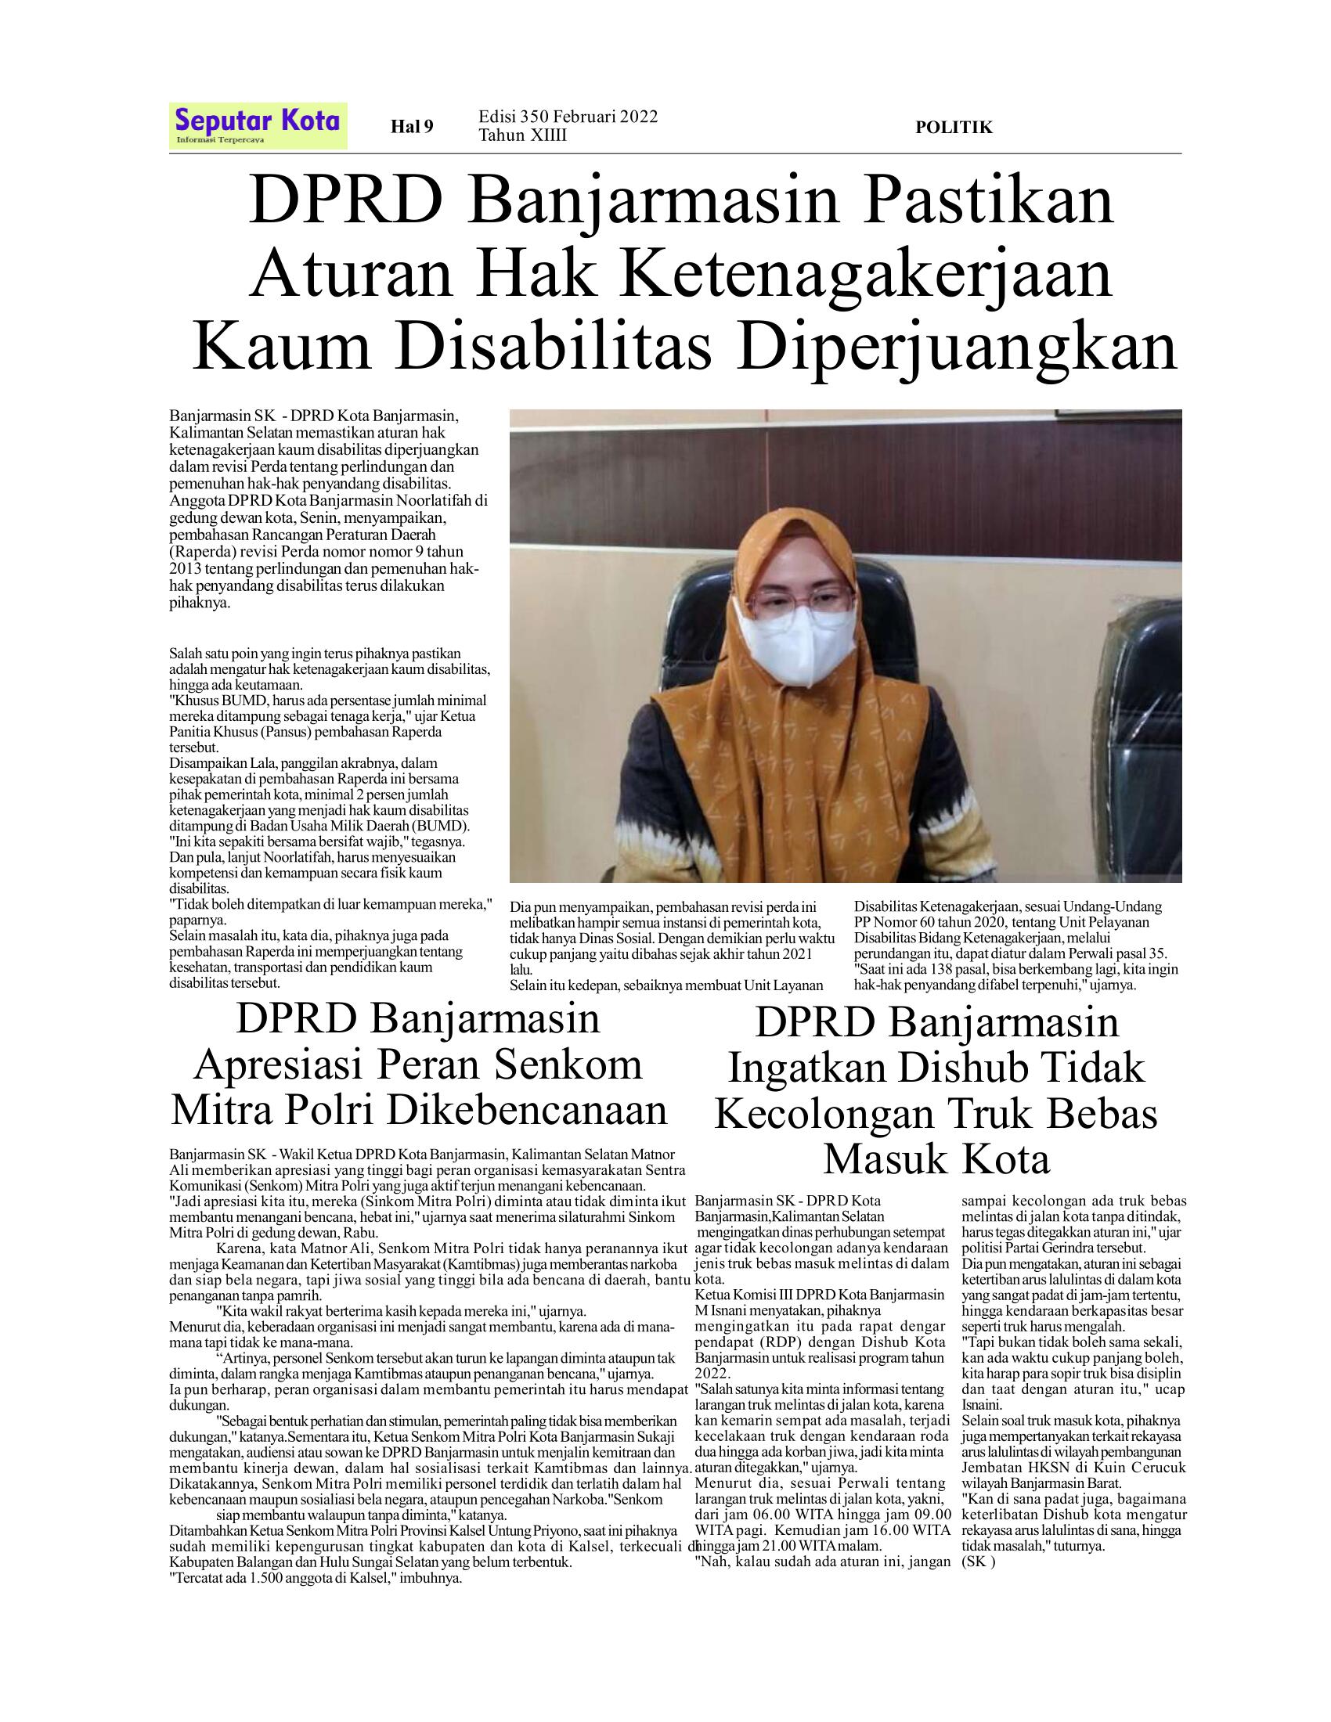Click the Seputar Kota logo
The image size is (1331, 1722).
[x=258, y=124]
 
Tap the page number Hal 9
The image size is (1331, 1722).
[x=413, y=126]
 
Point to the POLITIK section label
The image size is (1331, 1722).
[x=954, y=127]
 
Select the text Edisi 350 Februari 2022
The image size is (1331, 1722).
[x=568, y=117]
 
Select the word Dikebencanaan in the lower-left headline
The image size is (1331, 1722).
[x=528, y=1110]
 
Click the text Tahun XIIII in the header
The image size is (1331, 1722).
[x=522, y=135]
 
